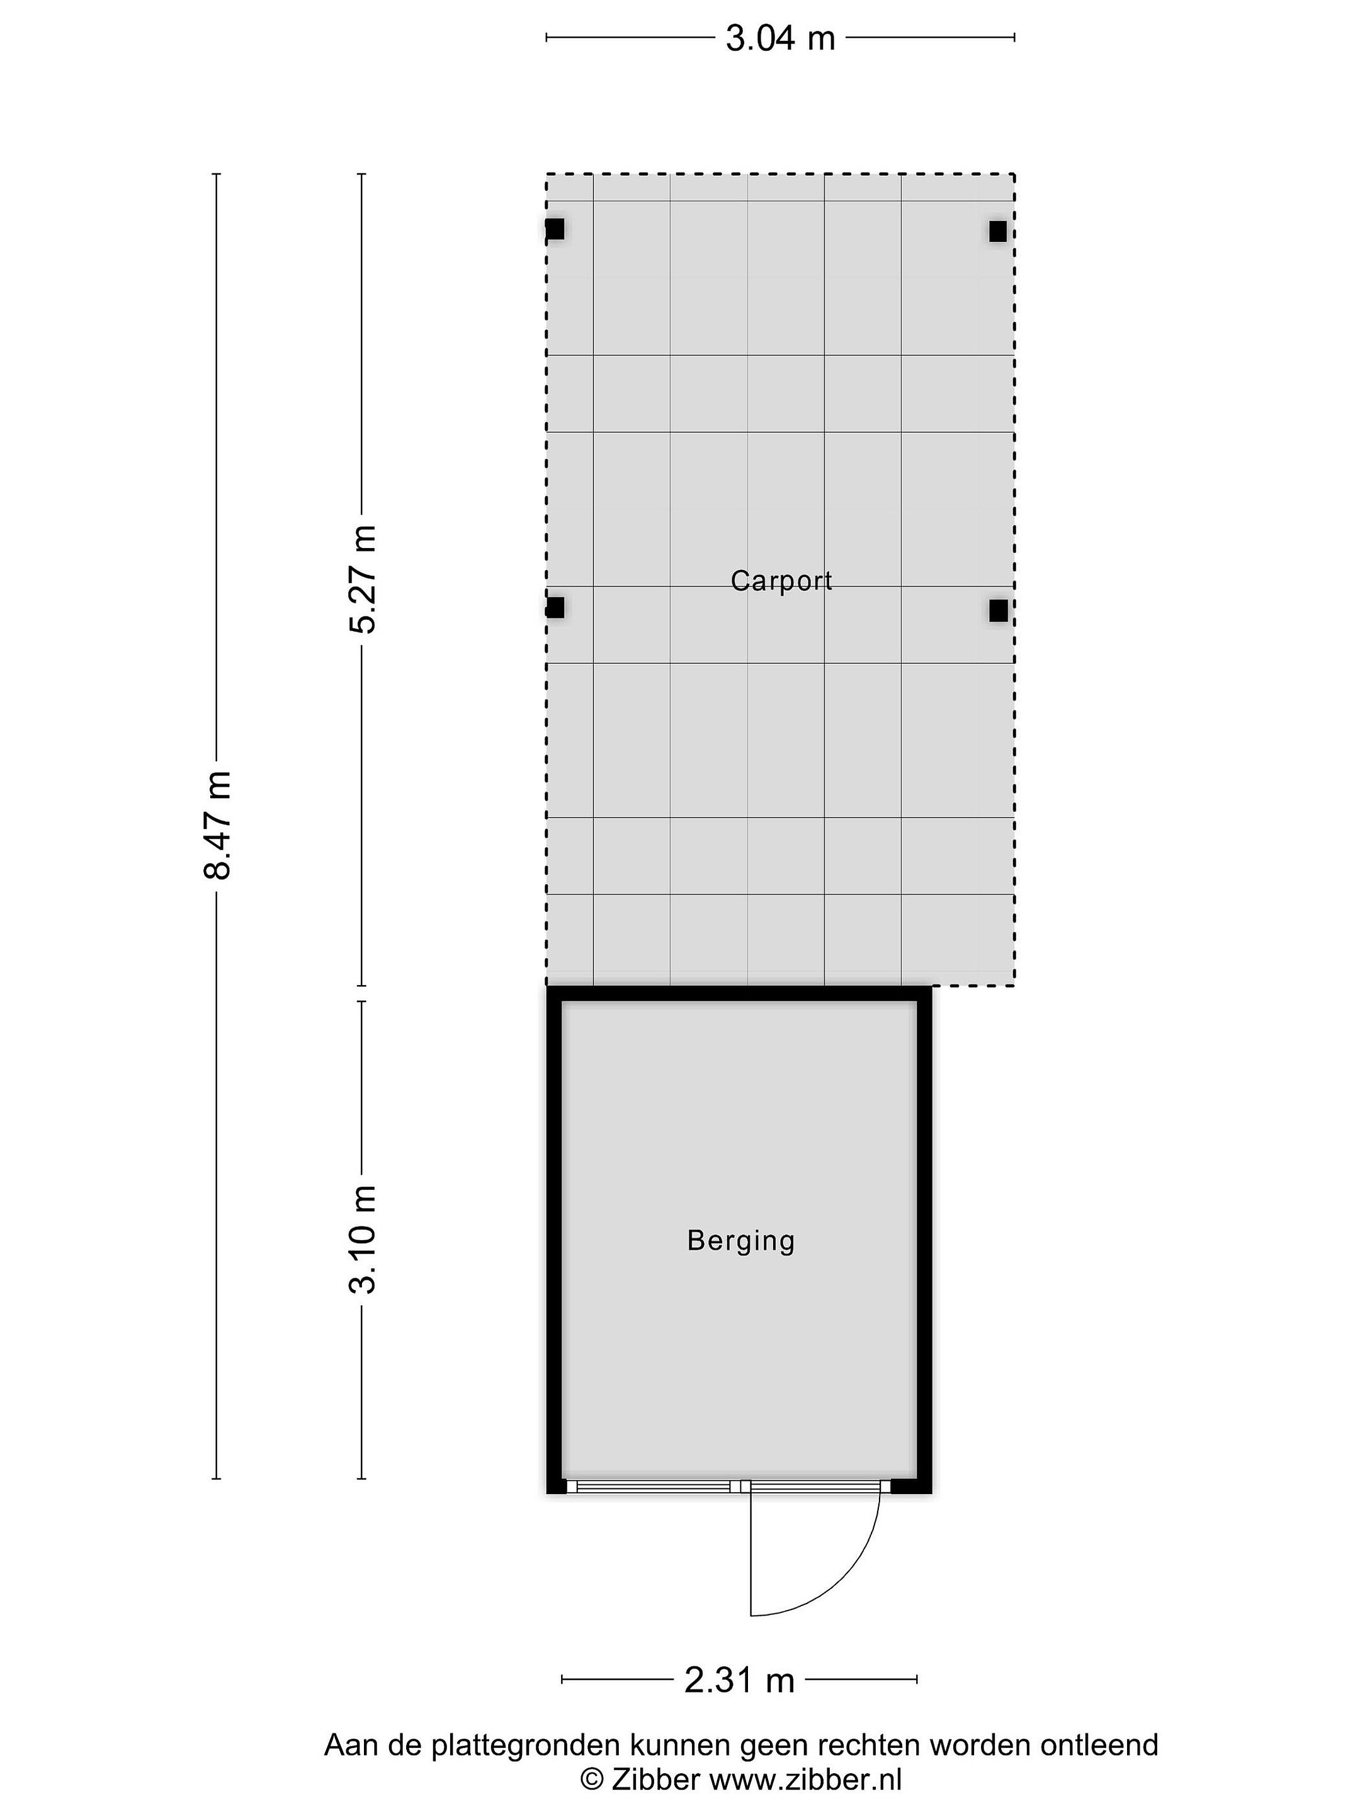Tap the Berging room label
point(741,1241)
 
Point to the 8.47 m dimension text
point(218,825)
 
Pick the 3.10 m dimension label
point(362,1239)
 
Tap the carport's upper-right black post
point(998,231)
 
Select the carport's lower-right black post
point(998,610)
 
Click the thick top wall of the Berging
point(739,993)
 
